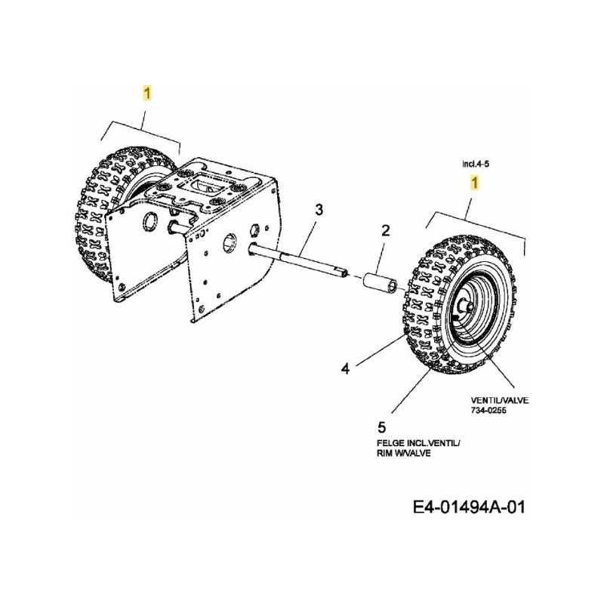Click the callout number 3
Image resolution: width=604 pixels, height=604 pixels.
coord(319,210)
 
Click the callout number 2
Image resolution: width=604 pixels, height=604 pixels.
coord(385,230)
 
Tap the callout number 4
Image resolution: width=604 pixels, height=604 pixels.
coord(346,368)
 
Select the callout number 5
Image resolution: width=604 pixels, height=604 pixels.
coord(382,427)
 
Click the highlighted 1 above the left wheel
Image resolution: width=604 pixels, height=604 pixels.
coord(147,94)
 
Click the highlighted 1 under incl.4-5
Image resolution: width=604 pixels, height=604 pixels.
coord(475,183)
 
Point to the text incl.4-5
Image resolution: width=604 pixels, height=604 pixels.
coord(476,164)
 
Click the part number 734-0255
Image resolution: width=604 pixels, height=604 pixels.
coord(488,410)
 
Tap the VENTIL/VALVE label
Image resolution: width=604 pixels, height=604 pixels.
coord(500,400)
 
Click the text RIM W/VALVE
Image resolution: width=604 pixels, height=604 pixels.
coord(404,454)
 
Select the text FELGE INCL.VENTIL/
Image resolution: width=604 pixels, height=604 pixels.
coord(419,443)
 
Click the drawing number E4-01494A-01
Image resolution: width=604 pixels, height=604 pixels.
coord(469,507)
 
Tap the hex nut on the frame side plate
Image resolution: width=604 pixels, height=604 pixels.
coord(254,230)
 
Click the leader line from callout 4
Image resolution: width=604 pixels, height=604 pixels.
coord(380,350)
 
